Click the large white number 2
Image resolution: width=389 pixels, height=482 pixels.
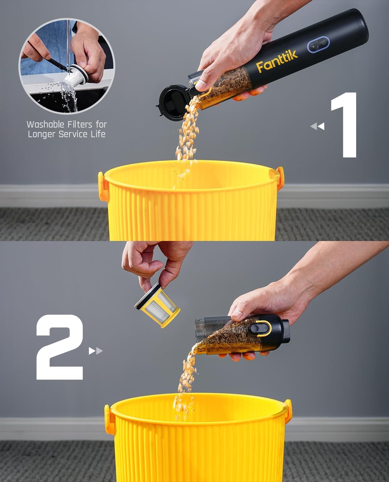coord(60,347)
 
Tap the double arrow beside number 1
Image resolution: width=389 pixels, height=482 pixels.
coord(317,127)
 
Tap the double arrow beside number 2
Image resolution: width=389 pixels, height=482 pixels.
coord(96,351)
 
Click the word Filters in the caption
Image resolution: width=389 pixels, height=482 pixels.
coord(79,124)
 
